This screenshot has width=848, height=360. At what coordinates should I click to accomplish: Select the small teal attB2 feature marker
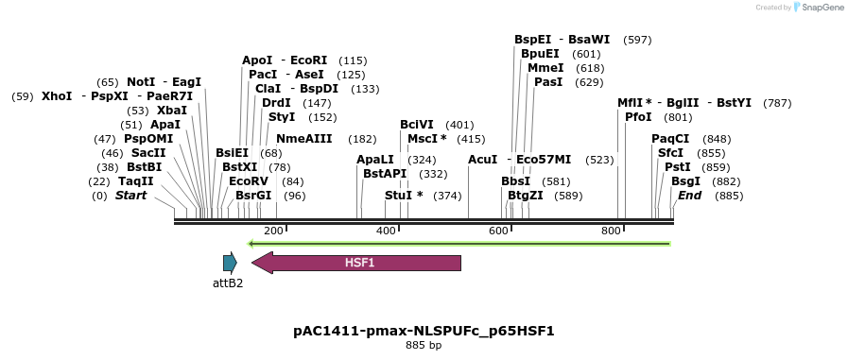click(230, 263)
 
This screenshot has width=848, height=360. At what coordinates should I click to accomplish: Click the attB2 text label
click(228, 283)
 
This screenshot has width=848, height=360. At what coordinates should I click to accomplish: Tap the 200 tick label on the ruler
click(273, 231)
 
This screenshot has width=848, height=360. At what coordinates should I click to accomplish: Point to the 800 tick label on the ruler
click(610, 231)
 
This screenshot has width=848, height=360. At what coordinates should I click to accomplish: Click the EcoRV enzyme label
click(249, 181)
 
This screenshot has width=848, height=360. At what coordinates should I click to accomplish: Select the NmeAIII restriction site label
click(304, 139)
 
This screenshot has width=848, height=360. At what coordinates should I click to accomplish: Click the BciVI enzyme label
click(417, 125)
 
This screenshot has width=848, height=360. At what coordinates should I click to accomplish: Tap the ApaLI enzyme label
click(375, 160)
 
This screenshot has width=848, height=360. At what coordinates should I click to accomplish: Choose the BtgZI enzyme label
click(526, 196)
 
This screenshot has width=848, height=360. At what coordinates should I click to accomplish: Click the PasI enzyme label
click(548, 82)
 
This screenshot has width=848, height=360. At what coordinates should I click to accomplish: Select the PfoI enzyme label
click(638, 117)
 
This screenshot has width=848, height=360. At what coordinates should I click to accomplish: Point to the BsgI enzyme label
click(685, 181)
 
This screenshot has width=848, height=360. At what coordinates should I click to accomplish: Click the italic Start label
click(130, 196)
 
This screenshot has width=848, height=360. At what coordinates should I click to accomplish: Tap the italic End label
click(689, 196)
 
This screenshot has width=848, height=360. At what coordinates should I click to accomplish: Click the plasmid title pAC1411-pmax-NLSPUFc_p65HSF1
click(424, 331)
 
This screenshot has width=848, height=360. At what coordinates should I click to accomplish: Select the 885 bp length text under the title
click(424, 346)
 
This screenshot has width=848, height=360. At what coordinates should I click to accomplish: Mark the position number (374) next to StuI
click(447, 196)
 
